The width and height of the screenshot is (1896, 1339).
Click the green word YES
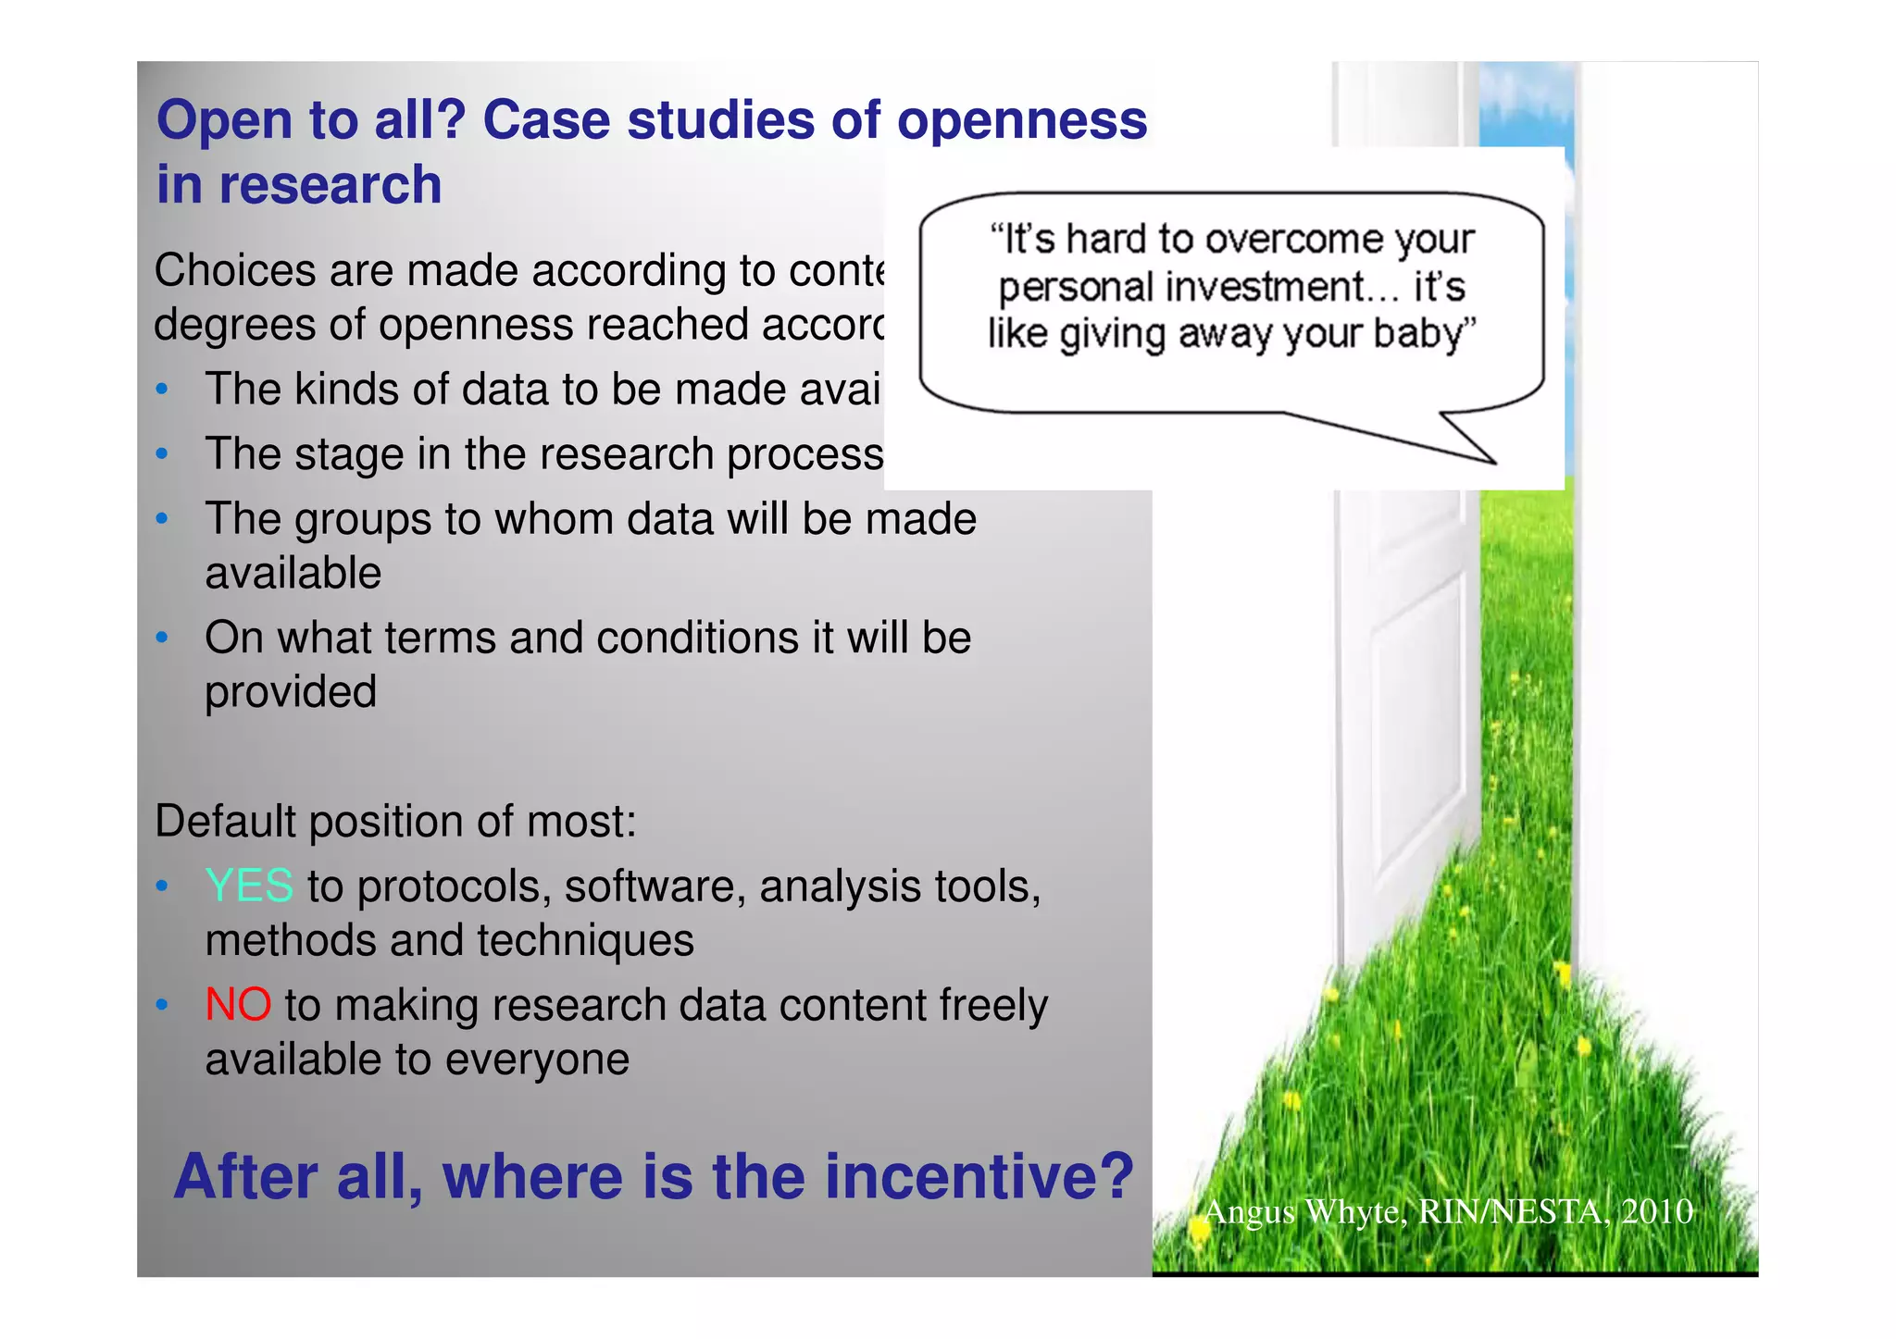tap(249, 886)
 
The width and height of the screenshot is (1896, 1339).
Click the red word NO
tap(238, 1004)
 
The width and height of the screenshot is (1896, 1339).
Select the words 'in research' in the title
tap(299, 184)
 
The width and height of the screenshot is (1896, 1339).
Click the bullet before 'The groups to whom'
tap(162, 519)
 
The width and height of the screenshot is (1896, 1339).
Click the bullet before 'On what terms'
tap(162, 638)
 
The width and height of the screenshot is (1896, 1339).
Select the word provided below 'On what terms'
tap(291, 693)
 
